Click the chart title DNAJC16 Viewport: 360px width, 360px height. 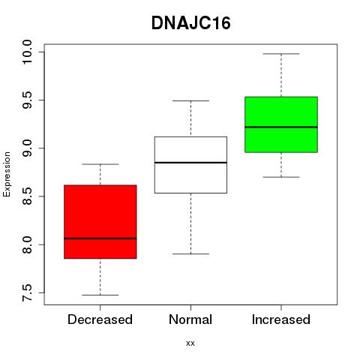191,23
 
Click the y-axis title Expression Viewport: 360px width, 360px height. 7,174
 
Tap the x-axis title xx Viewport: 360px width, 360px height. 190,343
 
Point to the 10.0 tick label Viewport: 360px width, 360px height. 27,52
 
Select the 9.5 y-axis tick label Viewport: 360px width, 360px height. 27,100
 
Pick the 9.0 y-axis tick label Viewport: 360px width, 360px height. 27,148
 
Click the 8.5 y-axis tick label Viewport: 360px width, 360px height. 27,196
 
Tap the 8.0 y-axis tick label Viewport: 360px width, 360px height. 27,244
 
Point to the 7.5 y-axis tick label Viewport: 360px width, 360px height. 27,292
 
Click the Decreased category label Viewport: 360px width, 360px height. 100,319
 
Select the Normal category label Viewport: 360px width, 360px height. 190,319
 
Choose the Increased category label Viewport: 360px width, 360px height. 281,319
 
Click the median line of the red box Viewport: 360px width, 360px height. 100,238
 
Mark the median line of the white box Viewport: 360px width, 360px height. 190,163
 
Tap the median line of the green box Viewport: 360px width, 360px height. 281,127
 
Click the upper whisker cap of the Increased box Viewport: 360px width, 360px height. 281,54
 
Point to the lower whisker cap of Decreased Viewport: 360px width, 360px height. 100,295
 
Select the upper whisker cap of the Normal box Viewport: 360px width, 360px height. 190,100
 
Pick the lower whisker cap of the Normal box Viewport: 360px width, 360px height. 190,254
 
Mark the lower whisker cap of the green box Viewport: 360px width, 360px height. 281,177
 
